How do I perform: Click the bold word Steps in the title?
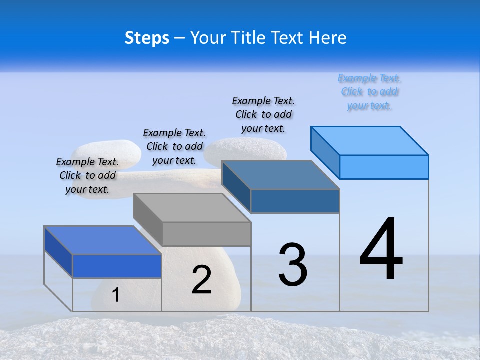[147, 38]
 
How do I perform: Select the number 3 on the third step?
[293, 264]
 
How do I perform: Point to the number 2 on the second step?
[201, 280]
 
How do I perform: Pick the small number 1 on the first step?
[115, 295]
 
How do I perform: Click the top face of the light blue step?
[370, 140]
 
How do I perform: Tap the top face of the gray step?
[192, 207]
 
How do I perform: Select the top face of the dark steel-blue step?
[281, 175]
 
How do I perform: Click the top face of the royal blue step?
[103, 240]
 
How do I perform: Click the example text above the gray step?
[174, 146]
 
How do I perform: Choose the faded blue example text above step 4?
[369, 92]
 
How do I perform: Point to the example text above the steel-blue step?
[263, 114]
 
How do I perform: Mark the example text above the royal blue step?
[87, 175]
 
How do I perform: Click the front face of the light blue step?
[384, 167]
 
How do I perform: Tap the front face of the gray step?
[206, 234]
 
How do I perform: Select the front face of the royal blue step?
[117, 266]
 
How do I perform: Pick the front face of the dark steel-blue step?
[295, 201]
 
